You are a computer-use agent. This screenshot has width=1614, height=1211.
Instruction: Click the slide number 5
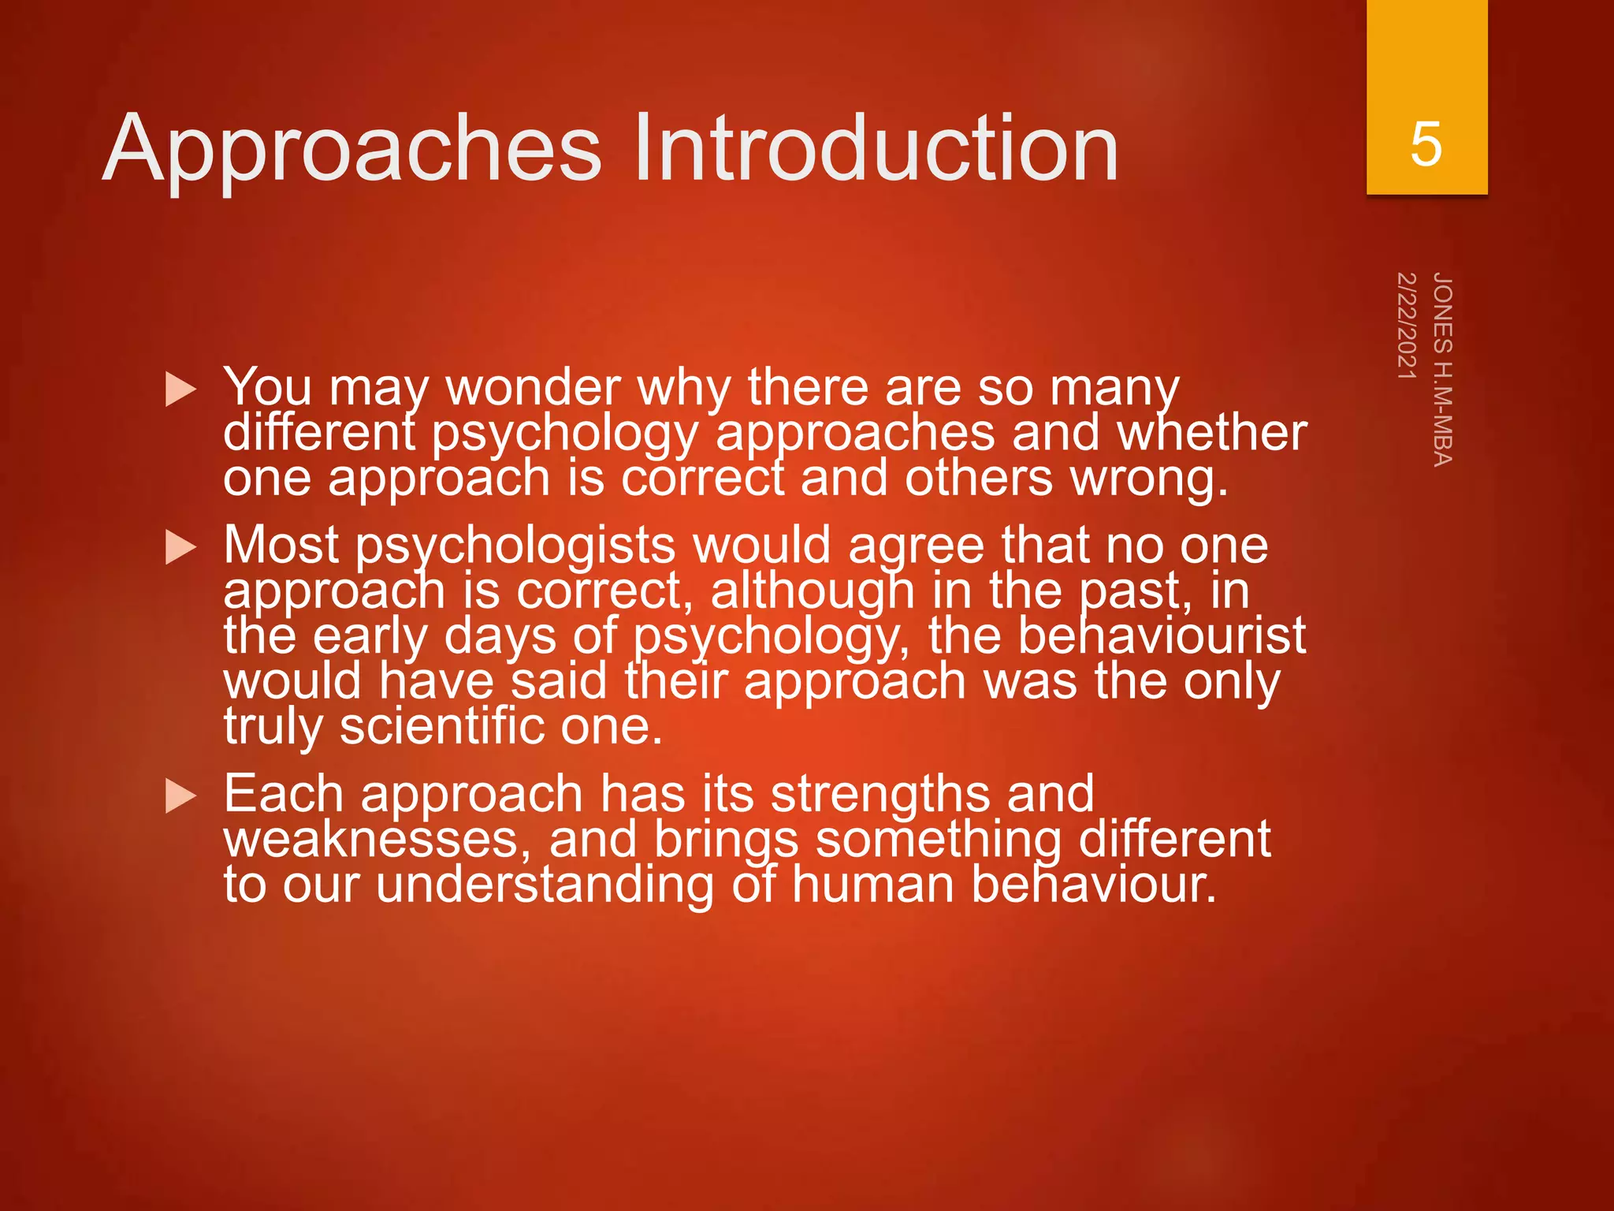(1426, 144)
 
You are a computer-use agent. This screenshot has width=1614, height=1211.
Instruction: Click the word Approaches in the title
(352, 150)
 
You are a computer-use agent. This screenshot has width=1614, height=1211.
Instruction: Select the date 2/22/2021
(1407, 325)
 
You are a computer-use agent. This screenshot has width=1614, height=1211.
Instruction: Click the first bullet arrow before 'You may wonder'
(180, 390)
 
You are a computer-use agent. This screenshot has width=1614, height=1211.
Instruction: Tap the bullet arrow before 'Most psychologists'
(180, 548)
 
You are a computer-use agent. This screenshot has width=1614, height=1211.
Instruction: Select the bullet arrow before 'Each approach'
(180, 796)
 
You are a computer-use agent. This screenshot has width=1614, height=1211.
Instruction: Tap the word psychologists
(515, 546)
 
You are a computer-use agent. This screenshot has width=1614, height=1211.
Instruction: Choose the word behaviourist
(1162, 636)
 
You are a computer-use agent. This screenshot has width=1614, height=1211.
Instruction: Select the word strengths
(880, 795)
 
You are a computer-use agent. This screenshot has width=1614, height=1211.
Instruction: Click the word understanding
(544, 885)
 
